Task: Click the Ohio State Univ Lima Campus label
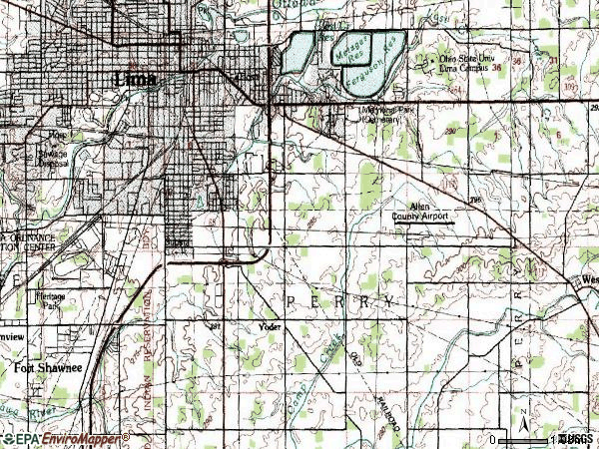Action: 470,64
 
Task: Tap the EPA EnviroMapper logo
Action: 65,439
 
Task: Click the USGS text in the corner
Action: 576,439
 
